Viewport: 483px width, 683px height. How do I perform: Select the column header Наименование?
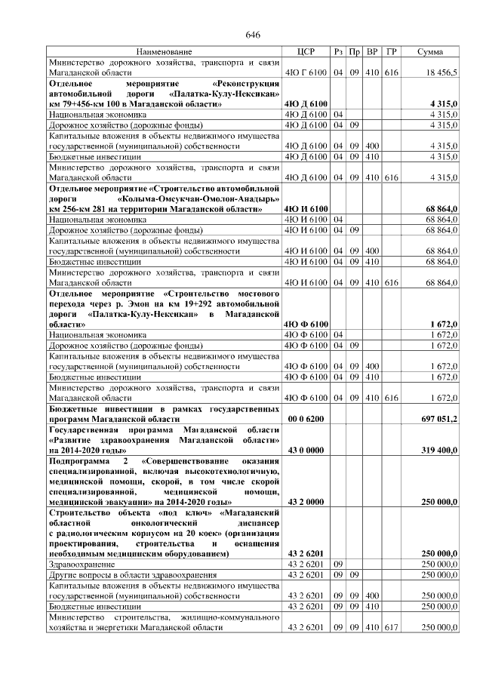click(165, 51)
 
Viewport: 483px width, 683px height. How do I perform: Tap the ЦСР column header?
click(306, 51)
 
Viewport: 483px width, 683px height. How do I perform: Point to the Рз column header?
click(338, 51)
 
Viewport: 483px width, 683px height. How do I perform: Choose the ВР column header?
click(372, 51)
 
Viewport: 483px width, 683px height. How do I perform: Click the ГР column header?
click(391, 51)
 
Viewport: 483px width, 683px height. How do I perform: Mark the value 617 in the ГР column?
click(391, 627)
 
